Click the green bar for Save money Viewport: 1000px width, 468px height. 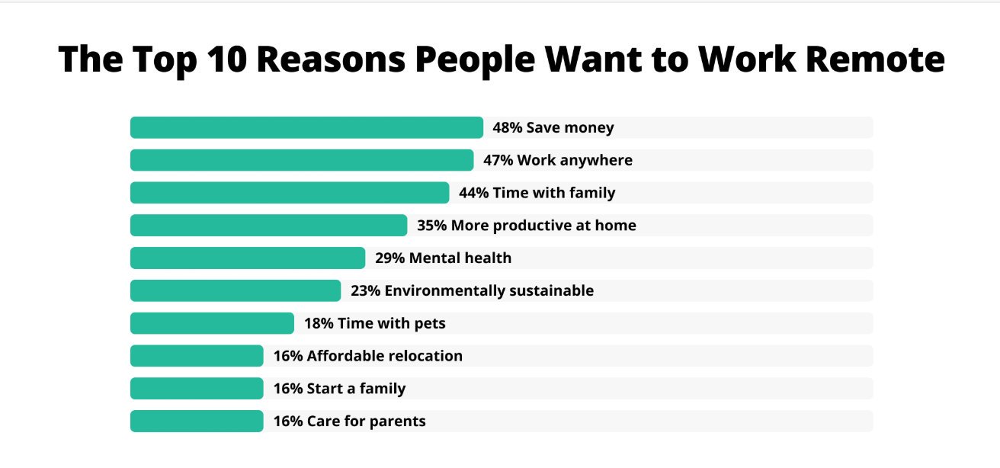(x=306, y=127)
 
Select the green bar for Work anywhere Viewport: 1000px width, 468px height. (x=302, y=160)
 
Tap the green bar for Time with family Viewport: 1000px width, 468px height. (x=290, y=193)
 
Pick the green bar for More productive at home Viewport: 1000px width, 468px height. (x=268, y=226)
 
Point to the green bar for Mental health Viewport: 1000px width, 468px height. (x=248, y=258)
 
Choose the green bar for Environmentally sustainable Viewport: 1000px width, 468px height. (x=236, y=290)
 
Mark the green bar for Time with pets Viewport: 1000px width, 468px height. (x=212, y=323)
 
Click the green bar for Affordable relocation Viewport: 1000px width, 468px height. (x=197, y=356)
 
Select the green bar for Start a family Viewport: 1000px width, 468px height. (x=197, y=389)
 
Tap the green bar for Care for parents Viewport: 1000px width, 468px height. (x=197, y=422)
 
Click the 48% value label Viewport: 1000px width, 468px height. (x=507, y=127)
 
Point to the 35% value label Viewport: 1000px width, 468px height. (x=431, y=226)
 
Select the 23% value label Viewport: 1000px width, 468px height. (x=365, y=290)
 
